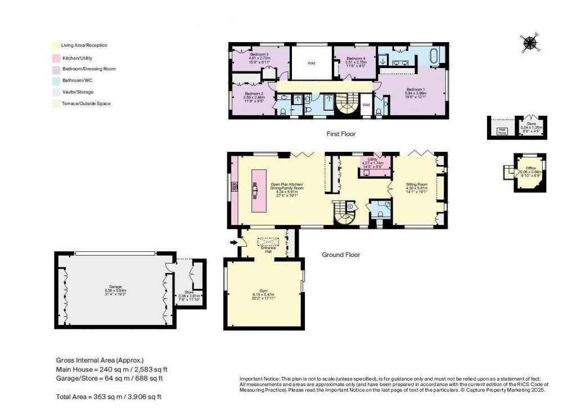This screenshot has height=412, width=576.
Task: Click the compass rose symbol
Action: tap(529, 43)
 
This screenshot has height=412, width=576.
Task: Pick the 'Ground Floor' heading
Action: tap(340, 255)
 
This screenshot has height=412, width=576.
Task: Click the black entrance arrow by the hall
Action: tap(233, 243)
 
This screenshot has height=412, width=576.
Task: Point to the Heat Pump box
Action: tap(500, 132)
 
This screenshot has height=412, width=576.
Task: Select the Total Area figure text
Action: tap(109, 397)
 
